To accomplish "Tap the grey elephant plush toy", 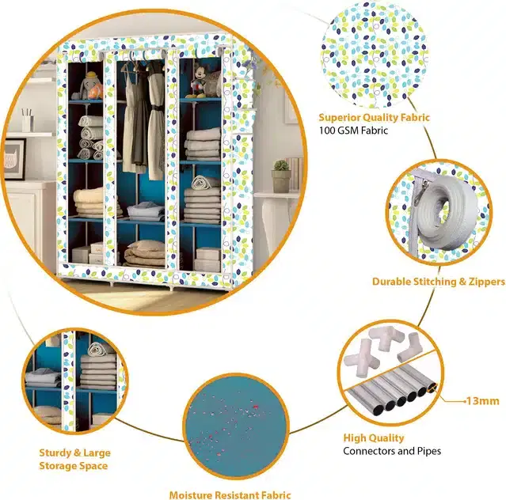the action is [84, 87].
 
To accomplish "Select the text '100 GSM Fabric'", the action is [353, 131].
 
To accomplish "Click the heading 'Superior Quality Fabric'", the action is [374, 117].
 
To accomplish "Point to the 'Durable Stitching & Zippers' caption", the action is [438, 282].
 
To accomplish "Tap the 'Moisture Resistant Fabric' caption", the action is [230, 494].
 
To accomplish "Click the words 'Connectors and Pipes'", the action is [392, 451].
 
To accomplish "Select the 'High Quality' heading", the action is [374, 437].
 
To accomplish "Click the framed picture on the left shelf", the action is [14, 159].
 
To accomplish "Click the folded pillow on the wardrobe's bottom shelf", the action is [144, 254].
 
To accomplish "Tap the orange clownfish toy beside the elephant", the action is [96, 92].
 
